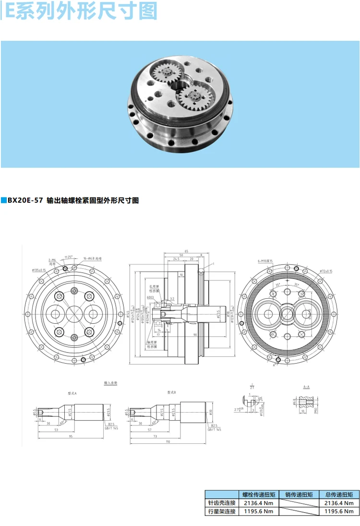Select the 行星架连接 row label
pos(221,511)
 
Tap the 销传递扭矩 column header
pos(299,494)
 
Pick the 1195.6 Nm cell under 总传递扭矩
pos(339,511)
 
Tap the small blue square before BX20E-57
pos(3,201)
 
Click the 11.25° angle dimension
pos(69,257)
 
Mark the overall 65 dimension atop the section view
pos(186,250)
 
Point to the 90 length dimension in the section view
pos(195,334)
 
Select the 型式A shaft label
pos(72,393)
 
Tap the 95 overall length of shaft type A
pos(70,436)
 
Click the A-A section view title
pos(306,386)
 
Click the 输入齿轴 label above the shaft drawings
pos(111,383)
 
